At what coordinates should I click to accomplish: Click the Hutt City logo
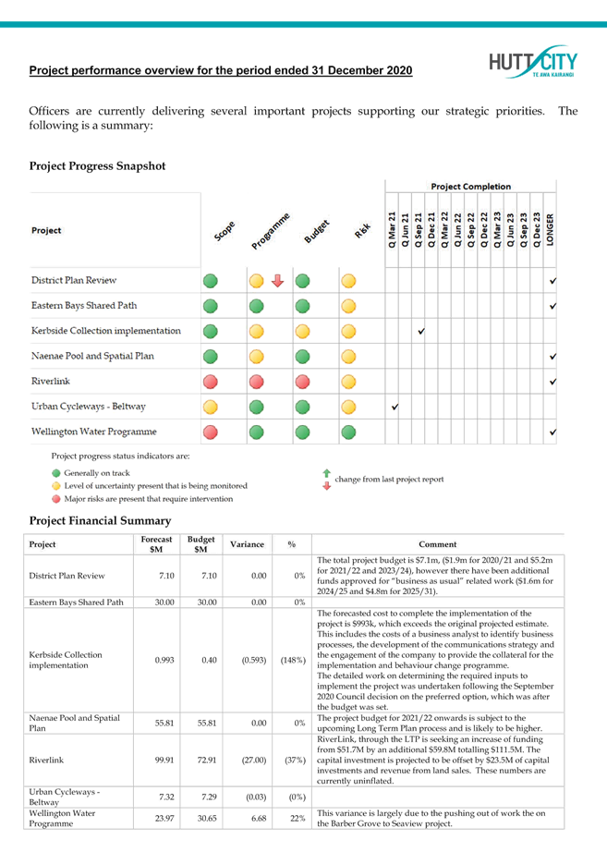tap(533, 63)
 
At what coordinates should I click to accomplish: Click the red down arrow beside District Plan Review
tap(276, 281)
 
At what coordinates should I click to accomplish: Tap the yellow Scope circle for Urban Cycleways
tap(211, 407)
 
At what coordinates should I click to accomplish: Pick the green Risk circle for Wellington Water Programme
tap(348, 432)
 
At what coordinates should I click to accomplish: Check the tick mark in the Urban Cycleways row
tap(395, 406)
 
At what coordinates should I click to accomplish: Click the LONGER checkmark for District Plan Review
tap(552, 281)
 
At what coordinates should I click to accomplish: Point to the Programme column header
tap(270, 230)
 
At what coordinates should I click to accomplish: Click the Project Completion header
tap(471, 186)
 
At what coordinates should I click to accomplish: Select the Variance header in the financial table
tap(247, 544)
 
